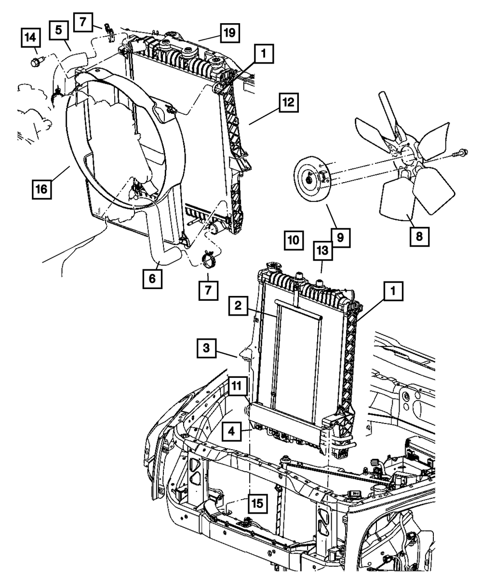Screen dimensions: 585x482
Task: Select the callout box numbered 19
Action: click(x=230, y=33)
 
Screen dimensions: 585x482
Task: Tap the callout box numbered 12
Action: click(x=288, y=103)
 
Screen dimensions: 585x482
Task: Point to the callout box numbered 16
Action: click(x=42, y=189)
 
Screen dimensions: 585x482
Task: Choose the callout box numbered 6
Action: click(x=152, y=279)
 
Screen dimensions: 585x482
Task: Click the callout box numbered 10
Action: click(x=294, y=239)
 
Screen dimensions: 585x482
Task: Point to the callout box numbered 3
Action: click(x=206, y=348)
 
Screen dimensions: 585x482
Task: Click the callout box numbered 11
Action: click(x=239, y=386)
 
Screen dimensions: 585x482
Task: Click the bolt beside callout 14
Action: click(x=37, y=62)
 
